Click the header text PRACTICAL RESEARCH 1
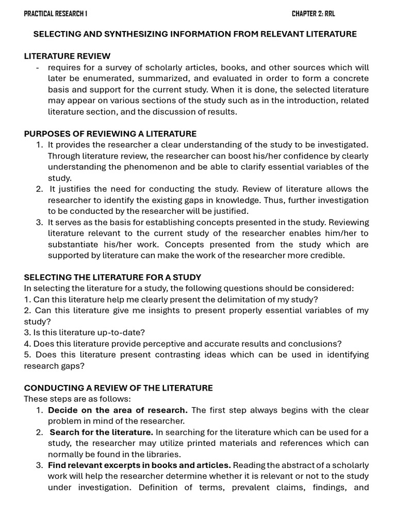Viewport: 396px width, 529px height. [55, 13]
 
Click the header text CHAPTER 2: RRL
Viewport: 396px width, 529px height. [313, 13]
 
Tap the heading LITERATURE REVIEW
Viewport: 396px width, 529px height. [67, 56]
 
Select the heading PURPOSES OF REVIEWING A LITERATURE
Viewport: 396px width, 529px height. [110, 134]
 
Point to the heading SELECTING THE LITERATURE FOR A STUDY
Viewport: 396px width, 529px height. [112, 277]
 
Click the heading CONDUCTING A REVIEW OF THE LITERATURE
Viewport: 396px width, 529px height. [118, 388]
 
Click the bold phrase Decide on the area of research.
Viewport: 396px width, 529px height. [118, 410]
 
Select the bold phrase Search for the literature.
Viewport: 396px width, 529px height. [101, 432]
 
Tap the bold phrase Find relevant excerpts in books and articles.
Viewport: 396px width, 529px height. [139, 465]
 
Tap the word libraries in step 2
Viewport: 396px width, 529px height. [164, 455]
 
